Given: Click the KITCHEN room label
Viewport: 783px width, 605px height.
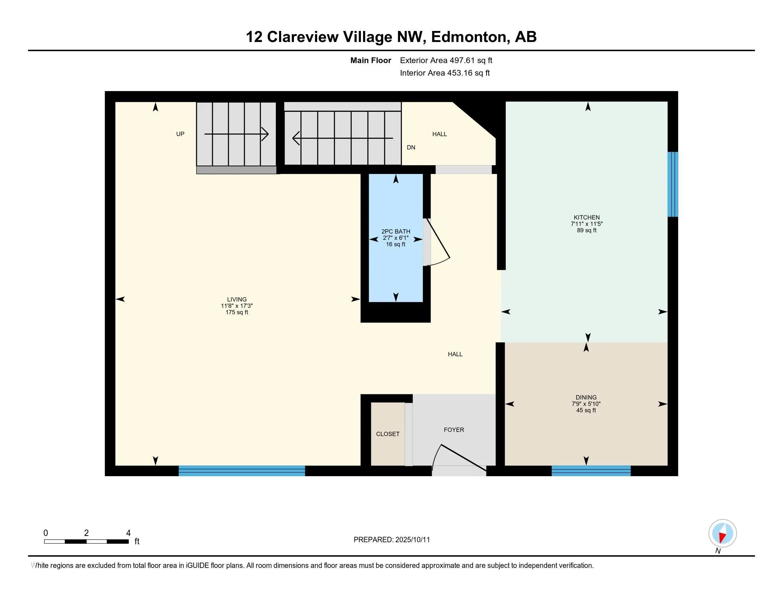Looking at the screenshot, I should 587,217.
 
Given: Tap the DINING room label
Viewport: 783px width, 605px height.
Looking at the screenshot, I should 586,397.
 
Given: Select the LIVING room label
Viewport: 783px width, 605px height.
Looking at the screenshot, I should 237,299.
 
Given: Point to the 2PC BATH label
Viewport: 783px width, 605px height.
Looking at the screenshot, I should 395,232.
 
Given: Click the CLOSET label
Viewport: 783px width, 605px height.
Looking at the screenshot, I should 388,434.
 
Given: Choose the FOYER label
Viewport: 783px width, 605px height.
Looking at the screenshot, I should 453,430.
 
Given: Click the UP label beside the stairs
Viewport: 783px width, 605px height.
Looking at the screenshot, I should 180,134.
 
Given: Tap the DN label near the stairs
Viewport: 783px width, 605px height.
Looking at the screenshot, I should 411,147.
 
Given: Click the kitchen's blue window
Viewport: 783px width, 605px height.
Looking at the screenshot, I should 672,184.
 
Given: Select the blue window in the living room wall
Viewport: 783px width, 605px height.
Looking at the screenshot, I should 242,470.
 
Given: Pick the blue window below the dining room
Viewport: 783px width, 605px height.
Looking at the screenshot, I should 590,470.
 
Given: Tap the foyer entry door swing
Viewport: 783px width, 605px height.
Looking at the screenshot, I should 459,457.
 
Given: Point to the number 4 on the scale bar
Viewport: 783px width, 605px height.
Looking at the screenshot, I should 128,533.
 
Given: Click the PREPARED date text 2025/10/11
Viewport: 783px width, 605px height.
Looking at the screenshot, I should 412,540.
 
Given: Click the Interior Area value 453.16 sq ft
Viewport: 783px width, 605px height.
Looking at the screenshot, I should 468,73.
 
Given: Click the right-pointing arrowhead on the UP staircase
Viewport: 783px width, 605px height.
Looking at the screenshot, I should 266,134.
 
